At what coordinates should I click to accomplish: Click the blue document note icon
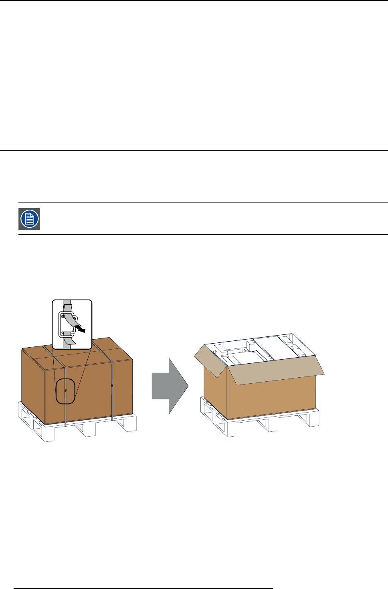pos(29,219)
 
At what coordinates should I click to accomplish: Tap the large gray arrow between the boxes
pos(170,386)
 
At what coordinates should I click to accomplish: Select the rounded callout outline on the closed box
pos(65,391)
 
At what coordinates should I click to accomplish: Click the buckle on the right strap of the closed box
pos(112,386)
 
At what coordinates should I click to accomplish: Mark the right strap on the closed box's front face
pos(112,401)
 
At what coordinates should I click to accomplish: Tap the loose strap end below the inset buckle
pos(70,341)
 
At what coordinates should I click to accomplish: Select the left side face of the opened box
pos(215,393)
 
